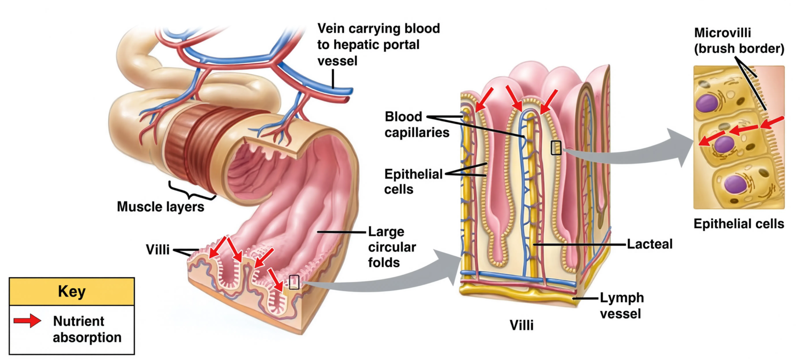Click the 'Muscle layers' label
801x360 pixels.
161,206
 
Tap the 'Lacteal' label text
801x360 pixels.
650,244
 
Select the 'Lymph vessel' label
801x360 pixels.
622,306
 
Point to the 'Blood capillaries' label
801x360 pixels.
417,124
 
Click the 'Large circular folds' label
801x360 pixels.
392,247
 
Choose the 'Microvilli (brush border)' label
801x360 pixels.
739,40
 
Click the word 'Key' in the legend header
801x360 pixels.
72,291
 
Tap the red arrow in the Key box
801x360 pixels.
27,320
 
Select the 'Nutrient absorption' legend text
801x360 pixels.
87,329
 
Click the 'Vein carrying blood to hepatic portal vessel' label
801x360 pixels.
378,45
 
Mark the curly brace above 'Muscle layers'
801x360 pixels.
191,191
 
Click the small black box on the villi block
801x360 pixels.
556,148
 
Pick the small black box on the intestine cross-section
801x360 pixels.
294,282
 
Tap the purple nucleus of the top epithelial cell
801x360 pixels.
707,103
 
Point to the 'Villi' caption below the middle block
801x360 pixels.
521,325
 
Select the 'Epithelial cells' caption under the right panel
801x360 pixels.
739,224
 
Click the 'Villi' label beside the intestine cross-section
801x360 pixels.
158,249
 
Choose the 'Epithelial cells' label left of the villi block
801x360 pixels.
413,181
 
